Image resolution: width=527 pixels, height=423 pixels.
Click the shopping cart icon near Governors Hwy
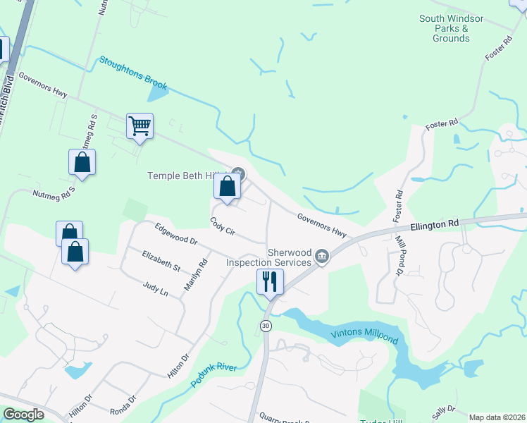coord(139,127)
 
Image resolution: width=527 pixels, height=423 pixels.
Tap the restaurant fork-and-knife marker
coord(270,282)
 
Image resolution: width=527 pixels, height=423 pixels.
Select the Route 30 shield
coord(265,325)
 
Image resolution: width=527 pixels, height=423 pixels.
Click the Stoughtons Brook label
coord(133,73)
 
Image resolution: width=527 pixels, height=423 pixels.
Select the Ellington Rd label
coord(435,224)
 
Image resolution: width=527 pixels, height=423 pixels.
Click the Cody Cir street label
coord(222,226)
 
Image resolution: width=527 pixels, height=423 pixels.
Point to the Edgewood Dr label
coord(176,233)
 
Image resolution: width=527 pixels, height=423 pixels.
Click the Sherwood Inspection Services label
coord(268,257)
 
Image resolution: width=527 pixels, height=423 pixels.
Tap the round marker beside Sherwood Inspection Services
coord(321,255)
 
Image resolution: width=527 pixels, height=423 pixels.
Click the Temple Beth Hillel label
coord(185,176)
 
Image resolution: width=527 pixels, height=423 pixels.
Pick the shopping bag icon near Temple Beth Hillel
coord(227,188)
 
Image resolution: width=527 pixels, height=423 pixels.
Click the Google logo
coord(24,415)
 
